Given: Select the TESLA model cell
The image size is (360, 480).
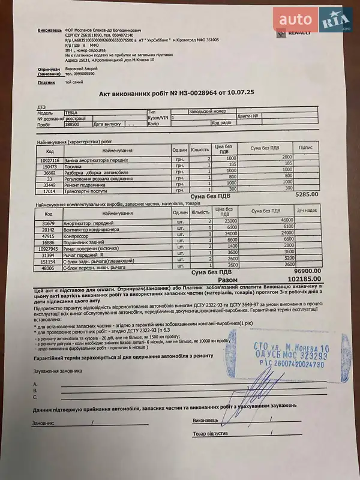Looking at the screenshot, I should click(x=72, y=112).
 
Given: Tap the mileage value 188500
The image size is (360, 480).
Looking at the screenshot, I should click(x=73, y=124).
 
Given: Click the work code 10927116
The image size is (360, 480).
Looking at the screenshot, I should click(x=50, y=160).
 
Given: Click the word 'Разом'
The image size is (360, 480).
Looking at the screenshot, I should click(x=227, y=280).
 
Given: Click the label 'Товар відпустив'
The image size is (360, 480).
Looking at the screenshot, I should click(x=209, y=433).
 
